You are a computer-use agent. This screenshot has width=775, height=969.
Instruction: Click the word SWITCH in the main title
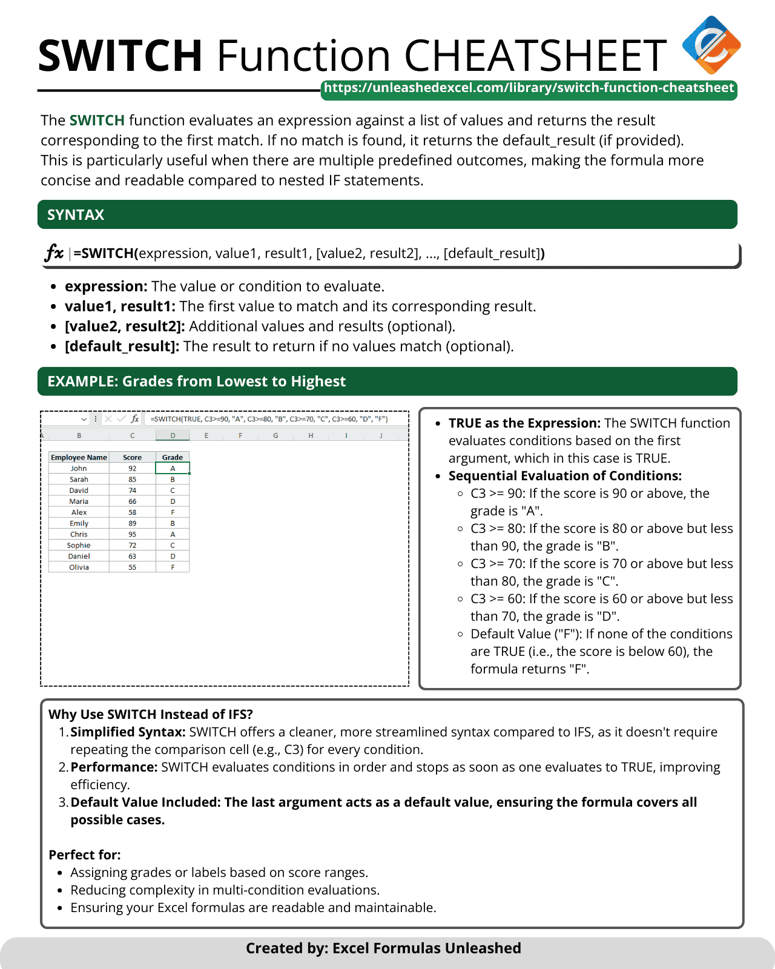pyautogui.click(x=120, y=56)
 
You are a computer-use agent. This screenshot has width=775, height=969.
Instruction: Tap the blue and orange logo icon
pyautogui.click(x=711, y=45)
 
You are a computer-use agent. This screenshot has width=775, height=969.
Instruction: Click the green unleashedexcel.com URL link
pyautogui.click(x=529, y=88)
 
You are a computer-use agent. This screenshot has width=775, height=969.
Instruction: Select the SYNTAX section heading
pyautogui.click(x=76, y=215)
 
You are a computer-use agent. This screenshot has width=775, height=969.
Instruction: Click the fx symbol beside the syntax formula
pyautogui.click(x=54, y=253)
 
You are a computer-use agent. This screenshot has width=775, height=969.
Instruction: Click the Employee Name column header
pyautogui.click(x=79, y=457)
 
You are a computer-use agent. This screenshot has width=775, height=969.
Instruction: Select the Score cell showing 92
pyautogui.click(x=132, y=468)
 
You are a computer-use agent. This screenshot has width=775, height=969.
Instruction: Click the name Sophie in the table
pyautogui.click(x=79, y=545)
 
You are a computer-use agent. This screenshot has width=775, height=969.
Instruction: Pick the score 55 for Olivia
pyautogui.click(x=132, y=567)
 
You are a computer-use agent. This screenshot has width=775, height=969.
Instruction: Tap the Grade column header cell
pyautogui.click(x=173, y=457)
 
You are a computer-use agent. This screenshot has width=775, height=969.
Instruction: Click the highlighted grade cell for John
pyautogui.click(x=173, y=468)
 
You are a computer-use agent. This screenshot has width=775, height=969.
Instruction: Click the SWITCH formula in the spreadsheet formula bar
pyautogui.click(x=269, y=418)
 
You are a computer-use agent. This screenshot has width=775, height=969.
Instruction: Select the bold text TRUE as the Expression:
pyautogui.click(x=524, y=423)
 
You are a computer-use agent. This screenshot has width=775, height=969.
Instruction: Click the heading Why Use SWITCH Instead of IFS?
pyautogui.click(x=151, y=715)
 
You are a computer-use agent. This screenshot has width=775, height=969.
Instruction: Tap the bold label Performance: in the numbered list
pyautogui.click(x=114, y=767)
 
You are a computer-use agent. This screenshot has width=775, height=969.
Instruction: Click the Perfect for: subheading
pyautogui.click(x=85, y=855)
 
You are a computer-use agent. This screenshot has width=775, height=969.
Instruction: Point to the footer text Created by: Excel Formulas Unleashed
pyautogui.click(x=383, y=948)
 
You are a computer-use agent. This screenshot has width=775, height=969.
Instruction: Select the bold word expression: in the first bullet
pyautogui.click(x=106, y=286)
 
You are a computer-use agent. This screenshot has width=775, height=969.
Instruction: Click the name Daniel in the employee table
pyautogui.click(x=79, y=556)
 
